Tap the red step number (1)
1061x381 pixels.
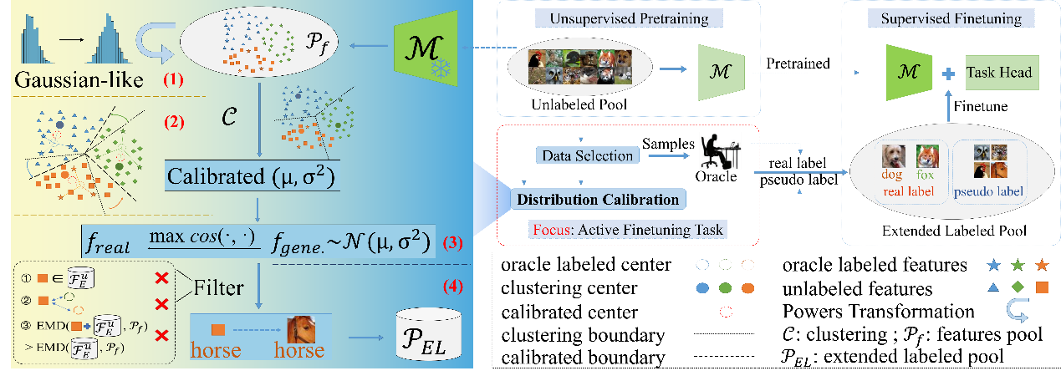click(x=173, y=83)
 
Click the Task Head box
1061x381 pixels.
click(x=999, y=74)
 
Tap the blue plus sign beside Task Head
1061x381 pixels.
click(x=948, y=74)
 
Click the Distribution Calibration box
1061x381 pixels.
click(x=599, y=199)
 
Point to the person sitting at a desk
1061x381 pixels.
click(x=718, y=153)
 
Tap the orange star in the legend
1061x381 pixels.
click(x=1041, y=266)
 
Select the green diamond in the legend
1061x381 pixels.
click(x=1018, y=287)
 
